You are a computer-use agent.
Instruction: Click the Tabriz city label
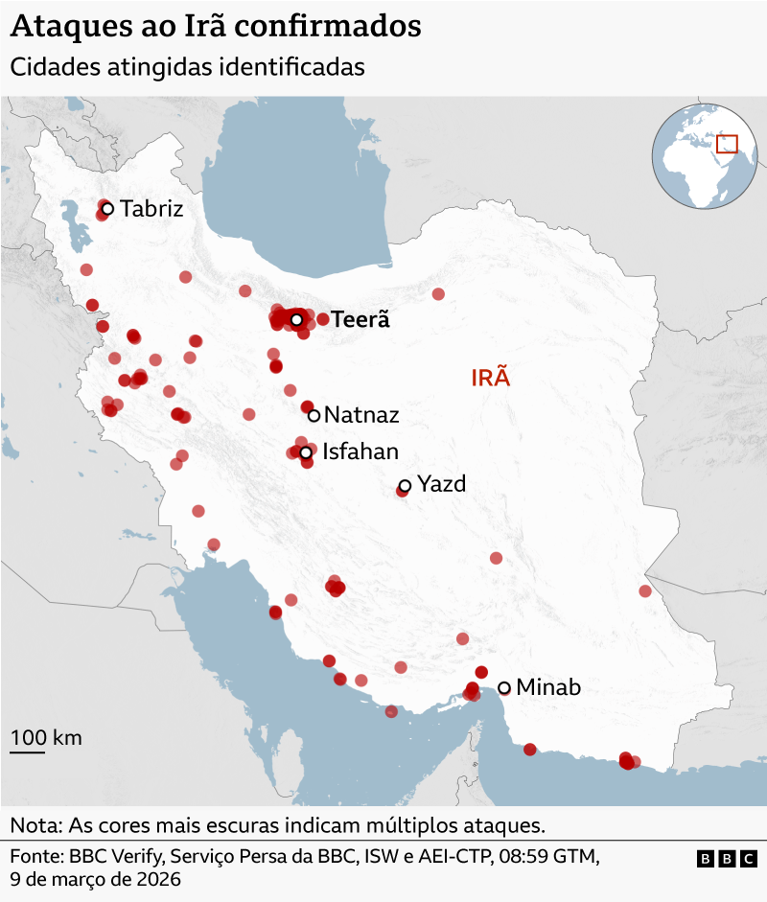[x=151, y=209]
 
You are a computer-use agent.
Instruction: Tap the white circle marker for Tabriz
[x=107, y=208]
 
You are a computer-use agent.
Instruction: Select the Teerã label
[x=360, y=320]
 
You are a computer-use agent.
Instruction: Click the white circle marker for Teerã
[x=297, y=319]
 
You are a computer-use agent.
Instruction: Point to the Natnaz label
[x=361, y=415]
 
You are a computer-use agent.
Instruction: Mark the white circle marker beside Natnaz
[x=314, y=415]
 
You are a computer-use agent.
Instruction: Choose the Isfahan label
[x=360, y=452]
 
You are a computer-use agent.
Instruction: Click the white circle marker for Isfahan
[x=306, y=452]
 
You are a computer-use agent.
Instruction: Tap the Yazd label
[x=442, y=484]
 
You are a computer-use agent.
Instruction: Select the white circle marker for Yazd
[x=405, y=486]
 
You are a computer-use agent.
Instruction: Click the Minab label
[x=548, y=687]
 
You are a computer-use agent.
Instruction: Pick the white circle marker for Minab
[x=504, y=687]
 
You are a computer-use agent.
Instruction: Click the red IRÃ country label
[x=491, y=378]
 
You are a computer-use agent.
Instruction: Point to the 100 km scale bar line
[x=28, y=752]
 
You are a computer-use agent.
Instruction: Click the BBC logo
[x=727, y=860]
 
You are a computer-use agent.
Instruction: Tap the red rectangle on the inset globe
[x=728, y=144]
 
